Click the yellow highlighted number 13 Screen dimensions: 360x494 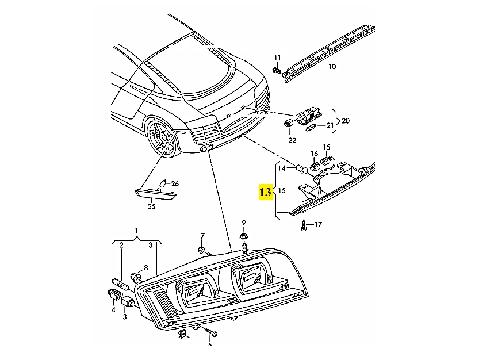(x=265, y=192)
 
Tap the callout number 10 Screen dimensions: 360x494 (x=331, y=67)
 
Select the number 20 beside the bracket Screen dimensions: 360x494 (x=345, y=121)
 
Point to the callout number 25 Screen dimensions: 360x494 (x=152, y=206)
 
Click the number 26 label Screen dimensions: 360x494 (x=175, y=184)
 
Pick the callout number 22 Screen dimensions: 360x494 (x=292, y=140)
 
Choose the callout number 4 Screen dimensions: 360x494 (x=113, y=309)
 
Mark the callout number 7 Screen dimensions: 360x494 (x=202, y=236)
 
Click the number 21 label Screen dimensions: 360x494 (x=330, y=125)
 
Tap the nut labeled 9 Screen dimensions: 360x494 (x=243, y=237)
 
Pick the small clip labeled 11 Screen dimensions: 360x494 (x=277, y=71)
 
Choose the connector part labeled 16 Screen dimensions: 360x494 (x=315, y=166)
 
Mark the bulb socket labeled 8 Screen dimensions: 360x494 (x=137, y=277)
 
